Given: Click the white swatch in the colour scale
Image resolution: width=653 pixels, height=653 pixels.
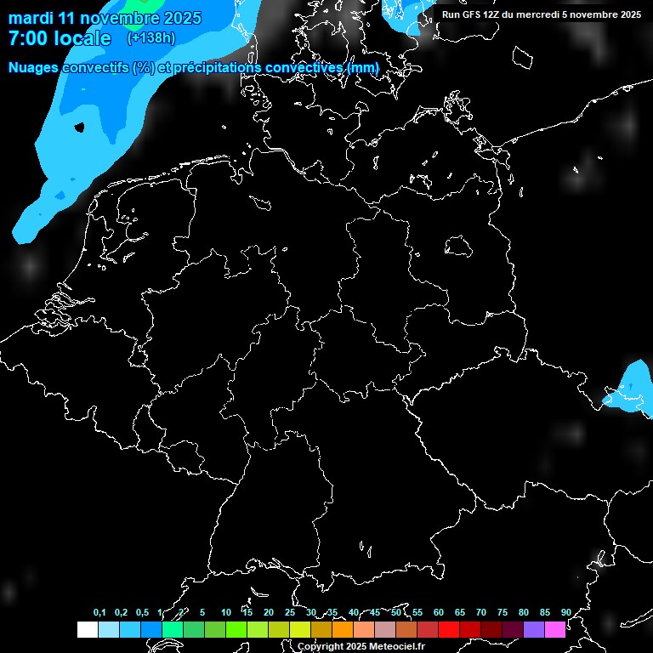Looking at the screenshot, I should pyautogui.click(x=87, y=629).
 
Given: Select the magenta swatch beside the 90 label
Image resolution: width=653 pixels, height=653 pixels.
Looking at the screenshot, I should pyautogui.click(x=555, y=629).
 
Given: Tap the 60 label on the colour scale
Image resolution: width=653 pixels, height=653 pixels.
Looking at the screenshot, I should pyautogui.click(x=439, y=613).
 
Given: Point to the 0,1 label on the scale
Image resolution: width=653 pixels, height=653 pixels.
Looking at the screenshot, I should pyautogui.click(x=99, y=613).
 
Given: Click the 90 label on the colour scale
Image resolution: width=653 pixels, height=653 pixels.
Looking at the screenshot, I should pyautogui.click(x=566, y=613).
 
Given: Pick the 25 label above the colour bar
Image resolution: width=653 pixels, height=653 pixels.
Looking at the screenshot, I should pyautogui.click(x=290, y=613).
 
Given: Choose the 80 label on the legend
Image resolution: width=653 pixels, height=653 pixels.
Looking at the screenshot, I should pyautogui.click(x=524, y=613).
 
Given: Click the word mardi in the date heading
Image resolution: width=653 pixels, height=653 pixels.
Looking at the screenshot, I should pyautogui.click(x=31, y=18).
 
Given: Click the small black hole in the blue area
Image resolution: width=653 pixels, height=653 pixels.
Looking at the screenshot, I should pyautogui.click(x=80, y=128).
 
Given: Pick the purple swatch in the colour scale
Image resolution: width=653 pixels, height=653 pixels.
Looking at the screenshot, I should pyautogui.click(x=534, y=629).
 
